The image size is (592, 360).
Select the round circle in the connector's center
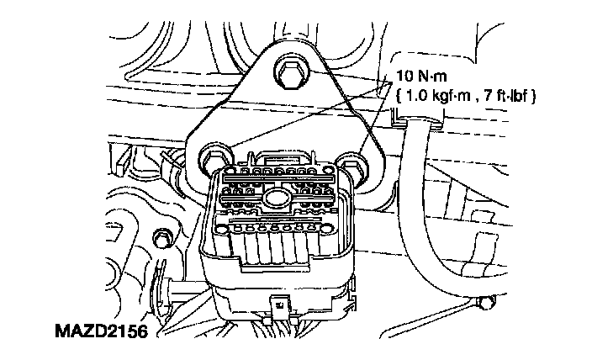(x=273, y=199)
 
